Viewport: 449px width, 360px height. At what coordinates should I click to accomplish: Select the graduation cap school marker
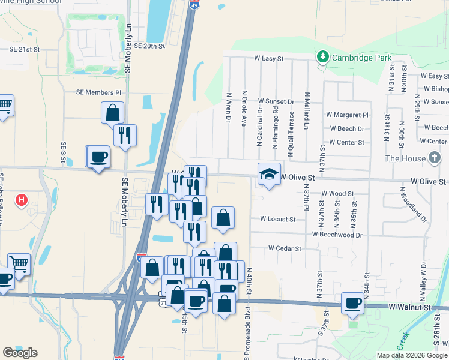(x=269, y=174)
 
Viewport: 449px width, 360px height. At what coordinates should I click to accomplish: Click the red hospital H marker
(x=22, y=200)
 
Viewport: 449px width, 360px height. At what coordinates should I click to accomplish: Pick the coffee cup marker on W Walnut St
(x=352, y=303)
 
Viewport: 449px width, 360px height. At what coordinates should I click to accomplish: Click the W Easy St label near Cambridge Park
(x=268, y=59)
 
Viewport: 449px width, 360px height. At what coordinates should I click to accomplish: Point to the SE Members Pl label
(x=98, y=92)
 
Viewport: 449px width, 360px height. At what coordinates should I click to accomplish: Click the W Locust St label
(x=277, y=219)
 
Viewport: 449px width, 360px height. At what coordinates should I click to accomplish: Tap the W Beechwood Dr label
(x=337, y=235)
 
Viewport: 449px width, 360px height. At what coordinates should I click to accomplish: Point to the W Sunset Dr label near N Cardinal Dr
(x=276, y=102)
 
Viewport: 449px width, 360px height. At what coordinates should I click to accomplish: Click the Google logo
(x=20, y=353)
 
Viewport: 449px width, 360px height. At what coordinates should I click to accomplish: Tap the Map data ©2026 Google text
(x=412, y=355)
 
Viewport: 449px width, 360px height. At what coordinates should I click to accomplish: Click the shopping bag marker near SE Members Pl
(x=112, y=112)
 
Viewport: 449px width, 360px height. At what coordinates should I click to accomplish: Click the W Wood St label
(x=337, y=193)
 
